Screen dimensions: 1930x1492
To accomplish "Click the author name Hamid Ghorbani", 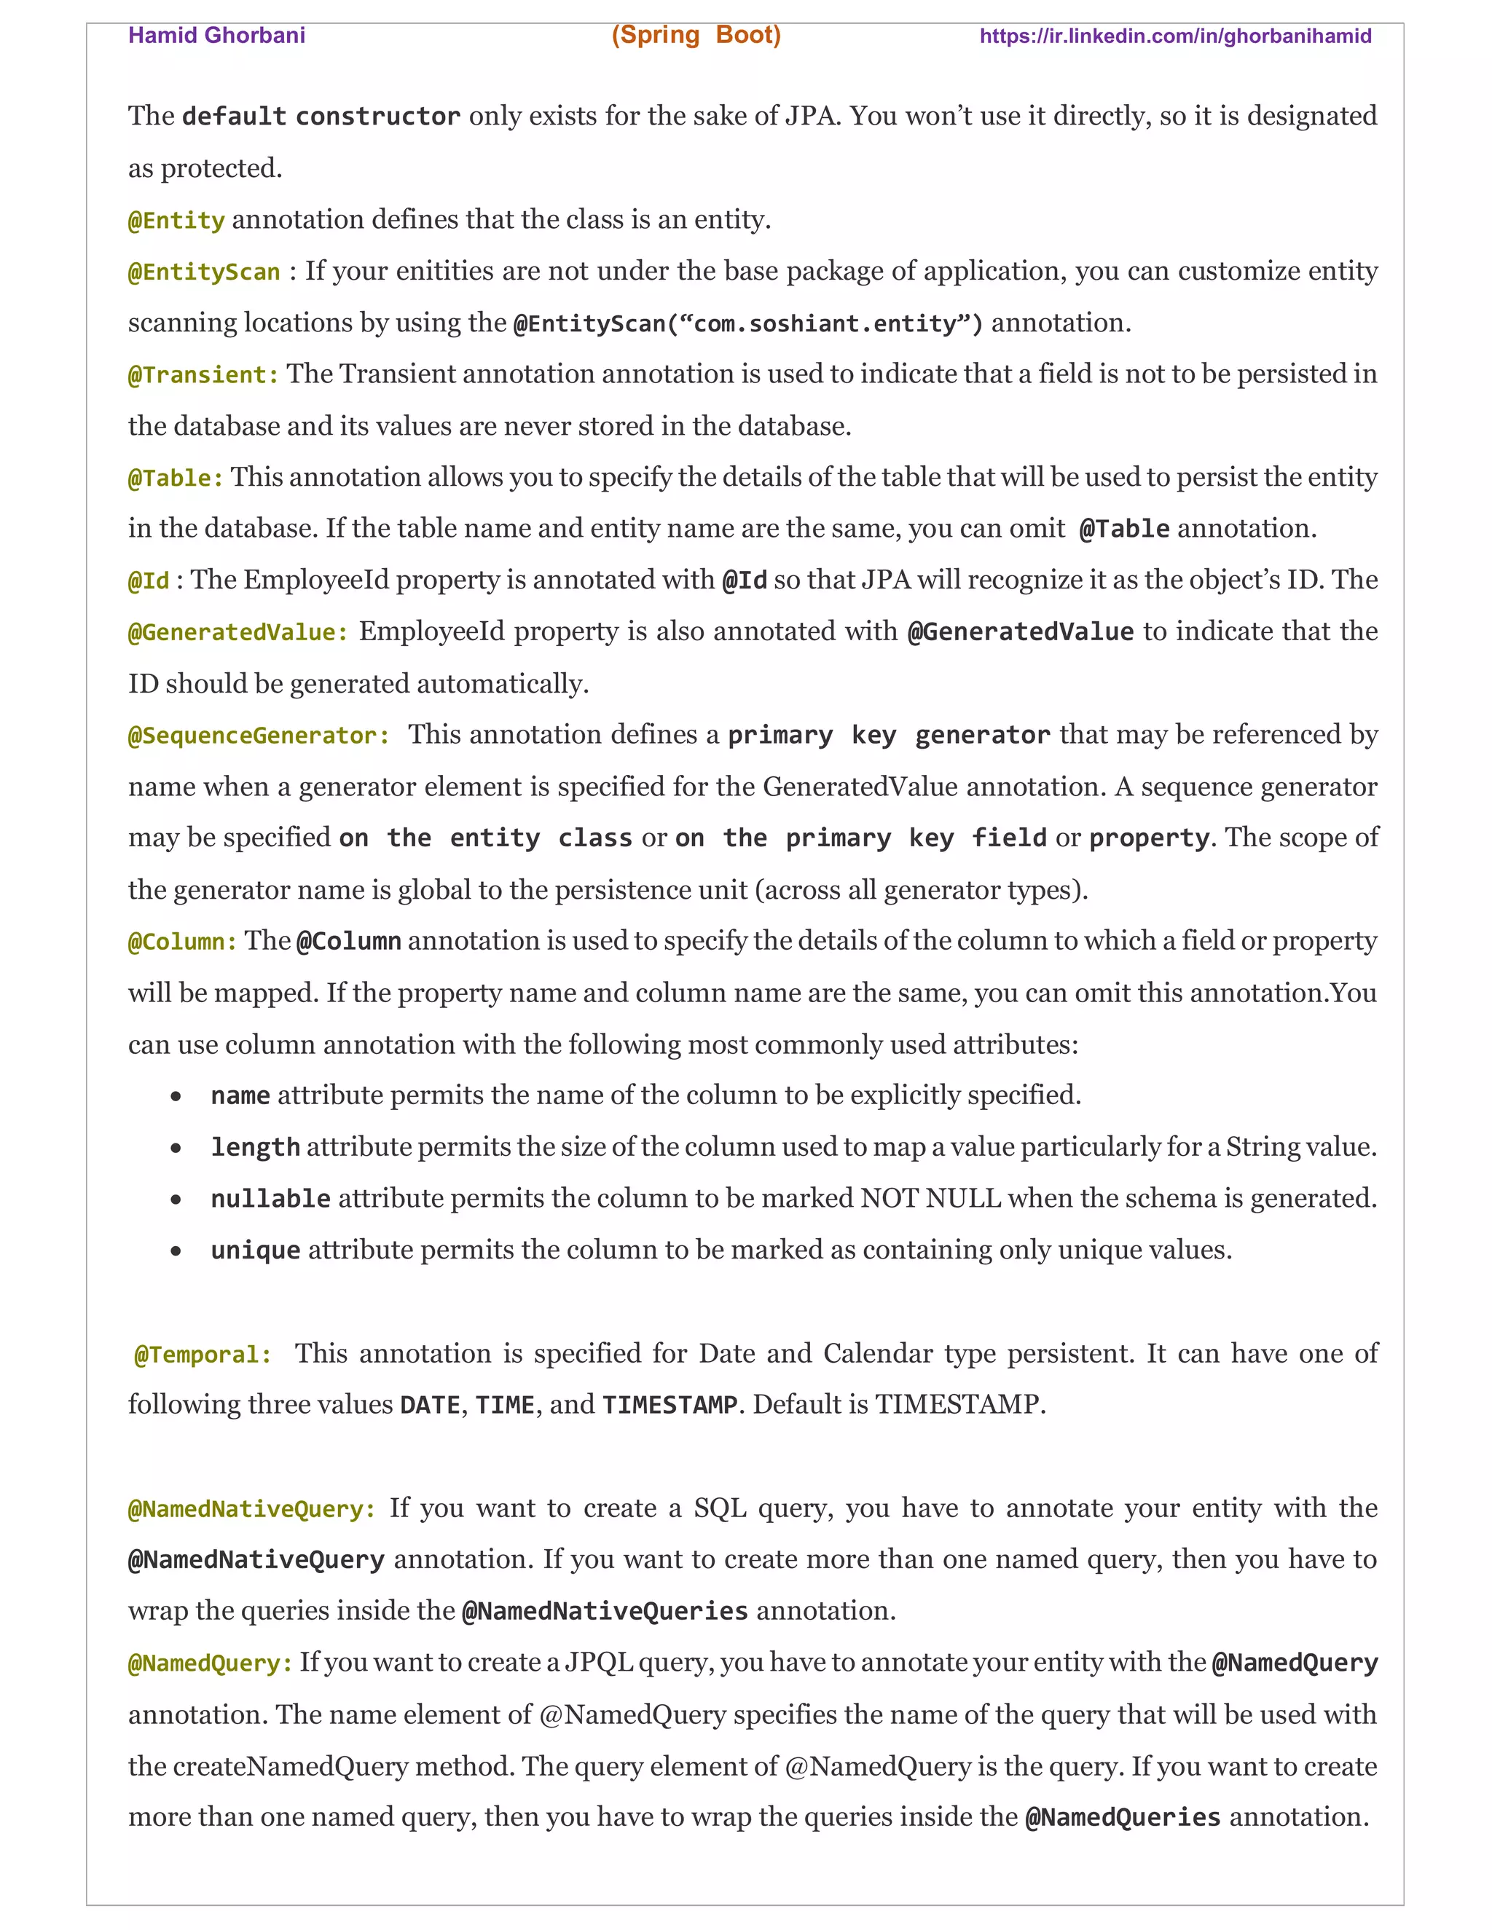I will tap(216, 36).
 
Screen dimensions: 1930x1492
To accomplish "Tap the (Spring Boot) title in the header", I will tap(696, 36).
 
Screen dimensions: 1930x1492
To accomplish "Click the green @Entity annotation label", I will tap(176, 220).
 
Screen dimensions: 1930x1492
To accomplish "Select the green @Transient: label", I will tap(203, 374).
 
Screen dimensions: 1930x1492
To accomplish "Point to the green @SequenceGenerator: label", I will tap(258, 736).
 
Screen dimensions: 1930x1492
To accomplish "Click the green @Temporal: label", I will tap(203, 1355).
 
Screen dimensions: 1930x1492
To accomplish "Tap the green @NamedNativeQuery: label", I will tap(252, 1509).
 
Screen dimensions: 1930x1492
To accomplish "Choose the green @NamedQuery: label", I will tap(210, 1664).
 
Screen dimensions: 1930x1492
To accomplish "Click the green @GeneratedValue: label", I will tap(237, 633).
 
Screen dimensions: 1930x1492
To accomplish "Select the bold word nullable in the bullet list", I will tap(270, 1200).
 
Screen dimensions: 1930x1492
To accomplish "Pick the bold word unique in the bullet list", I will tap(256, 1250).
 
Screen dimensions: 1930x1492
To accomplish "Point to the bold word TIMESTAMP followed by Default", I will tap(669, 1405).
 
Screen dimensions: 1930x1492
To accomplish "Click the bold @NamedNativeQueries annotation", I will tap(605, 1612).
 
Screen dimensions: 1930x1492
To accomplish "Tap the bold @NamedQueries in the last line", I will tap(1122, 1818).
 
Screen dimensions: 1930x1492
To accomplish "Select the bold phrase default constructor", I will tap(321, 117).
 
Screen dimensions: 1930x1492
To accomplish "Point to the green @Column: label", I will tap(182, 942).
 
